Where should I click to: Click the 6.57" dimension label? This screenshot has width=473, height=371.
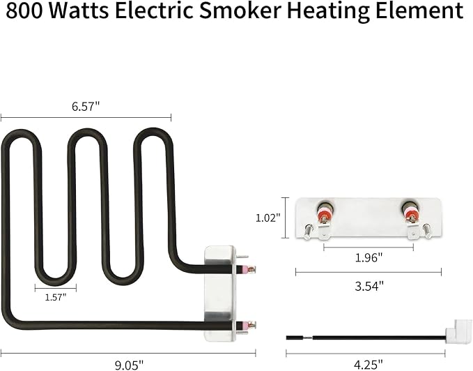[x=86, y=106]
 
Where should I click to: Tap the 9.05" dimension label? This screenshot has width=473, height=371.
[x=129, y=365]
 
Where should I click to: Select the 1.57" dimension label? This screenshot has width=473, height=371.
[x=56, y=297]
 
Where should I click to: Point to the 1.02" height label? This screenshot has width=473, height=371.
[x=268, y=218]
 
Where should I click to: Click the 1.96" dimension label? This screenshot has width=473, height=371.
[x=369, y=258]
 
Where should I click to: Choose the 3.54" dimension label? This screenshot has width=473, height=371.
[x=369, y=286]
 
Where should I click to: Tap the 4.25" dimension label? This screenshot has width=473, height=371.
[x=368, y=365]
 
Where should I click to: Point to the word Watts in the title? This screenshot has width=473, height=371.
[x=79, y=10]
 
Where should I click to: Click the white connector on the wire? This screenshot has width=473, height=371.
[x=458, y=331]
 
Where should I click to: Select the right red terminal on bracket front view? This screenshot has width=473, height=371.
[x=410, y=213]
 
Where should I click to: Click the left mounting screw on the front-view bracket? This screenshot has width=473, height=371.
[x=307, y=232]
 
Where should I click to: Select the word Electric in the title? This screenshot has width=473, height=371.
[x=154, y=10]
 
